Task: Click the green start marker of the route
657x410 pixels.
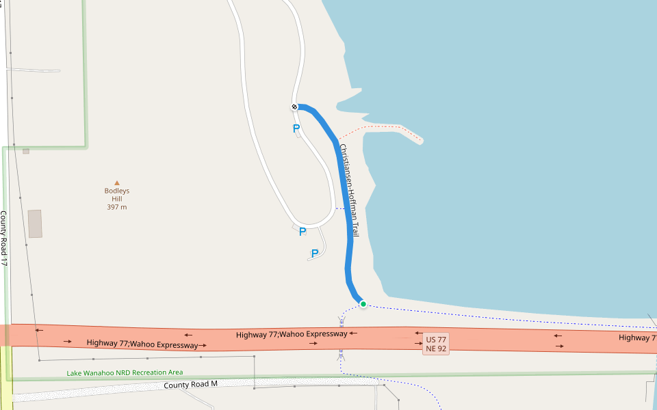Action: tap(363, 304)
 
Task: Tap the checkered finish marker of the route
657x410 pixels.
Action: tap(294, 107)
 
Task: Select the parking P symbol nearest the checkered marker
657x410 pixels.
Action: tap(296, 128)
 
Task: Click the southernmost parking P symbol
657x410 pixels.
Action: tap(315, 254)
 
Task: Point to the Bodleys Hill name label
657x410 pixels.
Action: tap(117, 195)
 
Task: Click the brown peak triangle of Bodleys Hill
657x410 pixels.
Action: tap(117, 182)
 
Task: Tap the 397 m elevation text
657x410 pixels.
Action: tap(117, 207)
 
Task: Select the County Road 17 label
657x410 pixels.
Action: tap(4, 238)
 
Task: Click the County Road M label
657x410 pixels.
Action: tap(190, 385)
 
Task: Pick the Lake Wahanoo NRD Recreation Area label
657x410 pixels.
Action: tap(125, 373)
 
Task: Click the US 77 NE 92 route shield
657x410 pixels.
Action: tap(436, 344)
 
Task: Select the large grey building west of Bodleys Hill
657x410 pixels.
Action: tap(35, 223)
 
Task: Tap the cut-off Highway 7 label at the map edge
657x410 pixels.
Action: tap(637, 338)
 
